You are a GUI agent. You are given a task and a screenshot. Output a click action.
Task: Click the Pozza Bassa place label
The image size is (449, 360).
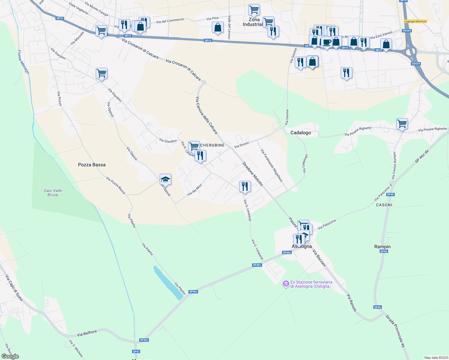(92, 165)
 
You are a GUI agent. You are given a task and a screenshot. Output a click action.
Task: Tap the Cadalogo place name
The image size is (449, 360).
(300, 133)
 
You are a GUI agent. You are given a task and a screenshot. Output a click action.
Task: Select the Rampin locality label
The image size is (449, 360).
(382, 247)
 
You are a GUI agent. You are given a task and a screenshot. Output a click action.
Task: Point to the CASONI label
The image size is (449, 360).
(384, 205)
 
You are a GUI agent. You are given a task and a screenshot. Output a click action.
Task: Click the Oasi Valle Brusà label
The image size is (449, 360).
(53, 193)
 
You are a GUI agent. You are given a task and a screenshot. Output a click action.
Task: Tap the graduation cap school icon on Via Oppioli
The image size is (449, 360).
(165, 179)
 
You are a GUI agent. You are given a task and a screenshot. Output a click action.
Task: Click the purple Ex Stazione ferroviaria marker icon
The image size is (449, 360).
(286, 283)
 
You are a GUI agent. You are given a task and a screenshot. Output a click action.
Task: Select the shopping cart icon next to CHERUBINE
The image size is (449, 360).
(194, 146)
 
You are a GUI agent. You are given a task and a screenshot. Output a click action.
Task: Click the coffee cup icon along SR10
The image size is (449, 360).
(327, 42)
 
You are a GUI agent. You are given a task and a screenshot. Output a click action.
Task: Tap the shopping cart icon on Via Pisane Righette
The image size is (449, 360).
(402, 123)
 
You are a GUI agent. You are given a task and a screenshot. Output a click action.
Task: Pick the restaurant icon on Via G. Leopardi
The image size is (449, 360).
(245, 186)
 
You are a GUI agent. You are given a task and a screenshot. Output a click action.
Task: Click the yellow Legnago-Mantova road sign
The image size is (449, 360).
(415, 21)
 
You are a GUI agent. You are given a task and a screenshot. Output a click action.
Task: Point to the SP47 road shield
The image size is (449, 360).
(136, 351)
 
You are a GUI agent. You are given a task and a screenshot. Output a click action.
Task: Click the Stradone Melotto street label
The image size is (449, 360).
(252, 174)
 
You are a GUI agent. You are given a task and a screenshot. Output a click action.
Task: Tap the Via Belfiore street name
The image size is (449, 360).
(87, 333)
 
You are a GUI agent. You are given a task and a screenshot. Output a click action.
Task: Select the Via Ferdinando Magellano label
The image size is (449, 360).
(272, 165)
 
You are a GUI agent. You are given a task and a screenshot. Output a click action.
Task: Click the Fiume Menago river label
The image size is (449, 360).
(23, 62)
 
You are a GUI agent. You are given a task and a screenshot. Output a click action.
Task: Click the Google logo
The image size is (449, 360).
(10, 356)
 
